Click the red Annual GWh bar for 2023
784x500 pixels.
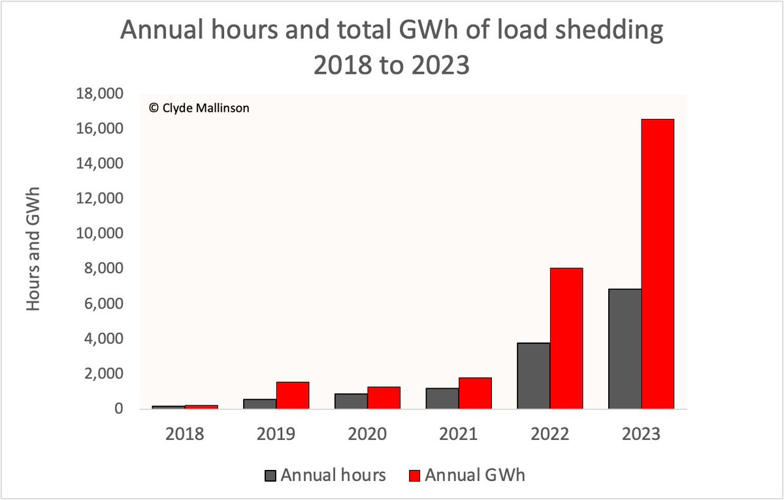pos(657,264)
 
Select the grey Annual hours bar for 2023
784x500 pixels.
pos(625,349)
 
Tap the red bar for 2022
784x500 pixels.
pos(566,339)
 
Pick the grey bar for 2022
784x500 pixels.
pos(533,376)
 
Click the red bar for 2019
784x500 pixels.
pos(292,395)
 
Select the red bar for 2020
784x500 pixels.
pos(384,398)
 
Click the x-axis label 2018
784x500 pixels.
pos(185,435)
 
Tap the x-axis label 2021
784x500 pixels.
pos(458,435)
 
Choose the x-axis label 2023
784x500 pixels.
pos(641,435)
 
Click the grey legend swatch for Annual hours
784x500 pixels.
pos(270,476)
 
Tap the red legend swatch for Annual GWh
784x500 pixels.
pos(415,476)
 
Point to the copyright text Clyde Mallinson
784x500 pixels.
pos(199,109)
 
